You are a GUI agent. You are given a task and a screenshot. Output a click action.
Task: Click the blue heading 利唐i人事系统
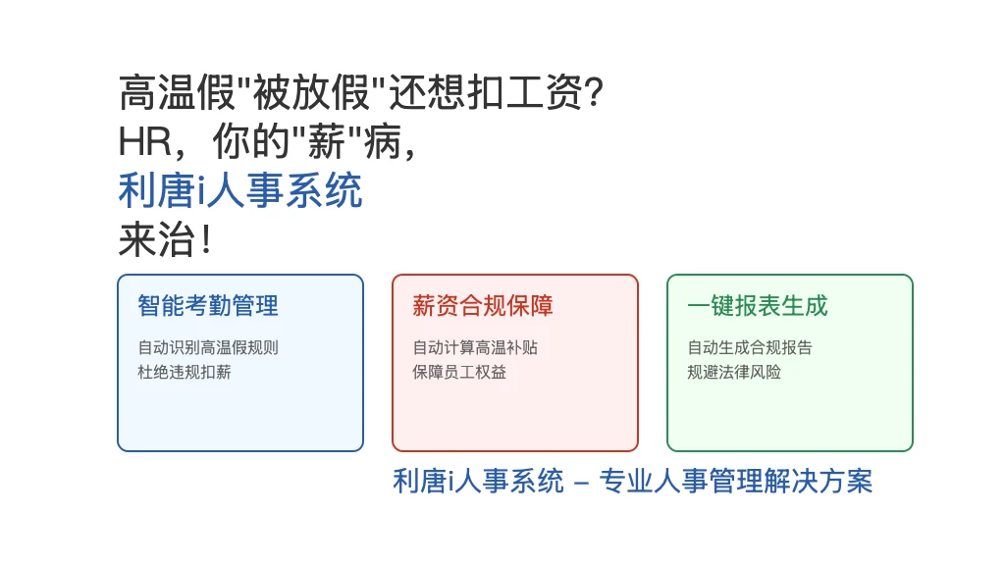coord(240,190)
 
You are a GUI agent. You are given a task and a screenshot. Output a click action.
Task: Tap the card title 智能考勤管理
coord(208,306)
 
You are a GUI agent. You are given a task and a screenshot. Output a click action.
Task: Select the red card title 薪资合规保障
coord(483,306)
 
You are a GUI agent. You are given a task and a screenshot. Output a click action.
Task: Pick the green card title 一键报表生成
coord(758,306)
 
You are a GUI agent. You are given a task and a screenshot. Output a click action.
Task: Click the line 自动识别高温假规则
coord(208,347)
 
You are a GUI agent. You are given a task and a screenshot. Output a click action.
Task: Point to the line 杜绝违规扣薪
coord(185,372)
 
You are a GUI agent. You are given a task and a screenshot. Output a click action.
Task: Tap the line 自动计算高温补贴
coord(475,347)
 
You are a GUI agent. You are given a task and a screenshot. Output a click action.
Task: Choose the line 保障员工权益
coord(459,372)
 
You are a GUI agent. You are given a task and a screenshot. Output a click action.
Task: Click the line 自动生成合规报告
coord(750,347)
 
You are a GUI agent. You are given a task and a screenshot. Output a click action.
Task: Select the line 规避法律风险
coord(734,372)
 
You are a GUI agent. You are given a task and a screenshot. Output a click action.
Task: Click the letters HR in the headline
coord(145,141)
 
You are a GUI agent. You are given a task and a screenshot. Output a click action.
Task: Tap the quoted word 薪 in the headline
coord(327,141)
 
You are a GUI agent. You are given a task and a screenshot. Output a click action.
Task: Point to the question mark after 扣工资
coord(594,92)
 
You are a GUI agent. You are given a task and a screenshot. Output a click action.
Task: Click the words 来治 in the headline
coord(157,240)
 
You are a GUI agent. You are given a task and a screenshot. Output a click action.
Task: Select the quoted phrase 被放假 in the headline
coord(311,92)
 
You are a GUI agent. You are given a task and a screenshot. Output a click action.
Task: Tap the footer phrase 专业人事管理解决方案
coord(736,481)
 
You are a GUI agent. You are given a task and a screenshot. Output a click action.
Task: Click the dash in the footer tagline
coord(581,483)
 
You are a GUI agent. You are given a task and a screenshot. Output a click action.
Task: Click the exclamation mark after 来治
coord(206,240)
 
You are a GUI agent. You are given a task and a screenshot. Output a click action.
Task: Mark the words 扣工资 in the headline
coord(525,92)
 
